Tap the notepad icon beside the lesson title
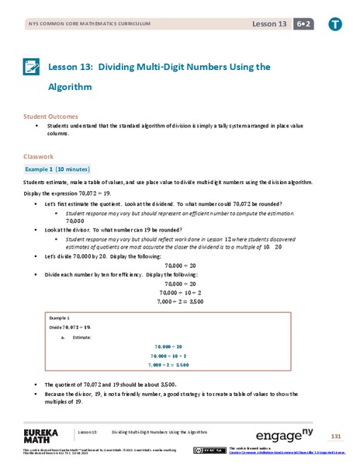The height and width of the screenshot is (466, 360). (x=32, y=69)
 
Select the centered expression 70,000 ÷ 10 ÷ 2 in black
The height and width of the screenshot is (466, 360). (x=179, y=292)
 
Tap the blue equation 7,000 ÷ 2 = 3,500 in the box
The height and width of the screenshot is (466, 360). (x=179, y=363)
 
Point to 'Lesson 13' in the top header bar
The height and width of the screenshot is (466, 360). (x=268, y=24)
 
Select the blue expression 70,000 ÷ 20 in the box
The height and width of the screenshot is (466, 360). (x=179, y=346)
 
